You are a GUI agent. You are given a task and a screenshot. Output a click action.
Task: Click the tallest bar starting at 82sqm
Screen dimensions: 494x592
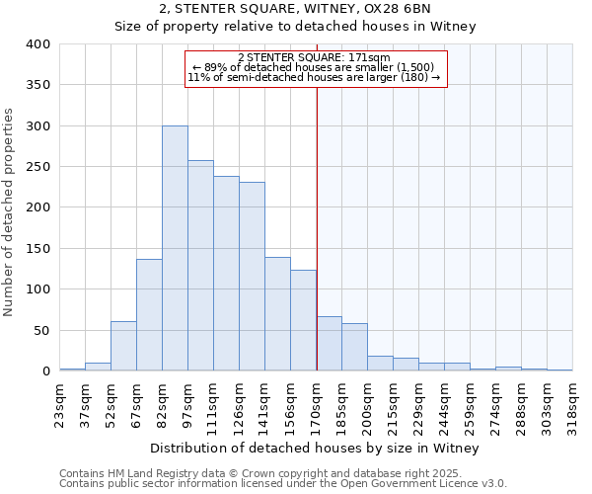pyautogui.click(x=175, y=248)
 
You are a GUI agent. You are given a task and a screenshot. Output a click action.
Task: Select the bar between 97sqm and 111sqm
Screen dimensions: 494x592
pyautogui.click(x=200, y=265)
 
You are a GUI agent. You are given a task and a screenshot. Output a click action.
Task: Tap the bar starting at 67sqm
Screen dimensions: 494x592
pyautogui.click(x=149, y=314)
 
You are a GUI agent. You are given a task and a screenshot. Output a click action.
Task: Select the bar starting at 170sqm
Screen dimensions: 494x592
pyautogui.click(x=329, y=343)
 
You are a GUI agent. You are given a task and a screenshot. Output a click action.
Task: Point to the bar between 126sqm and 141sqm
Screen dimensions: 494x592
pyautogui.click(x=252, y=276)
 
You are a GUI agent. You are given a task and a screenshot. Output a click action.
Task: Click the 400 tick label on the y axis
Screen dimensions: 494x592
pyautogui.click(x=38, y=44)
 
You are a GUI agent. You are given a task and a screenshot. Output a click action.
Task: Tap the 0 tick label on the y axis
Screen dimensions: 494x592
pyautogui.click(x=45, y=371)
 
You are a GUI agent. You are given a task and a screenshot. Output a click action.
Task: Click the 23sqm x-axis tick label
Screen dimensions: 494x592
pyautogui.click(x=60, y=402)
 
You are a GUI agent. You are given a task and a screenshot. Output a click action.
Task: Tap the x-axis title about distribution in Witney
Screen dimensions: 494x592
pyautogui.click(x=316, y=448)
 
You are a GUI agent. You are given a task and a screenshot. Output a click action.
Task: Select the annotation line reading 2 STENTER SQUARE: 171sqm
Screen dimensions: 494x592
pyautogui.click(x=316, y=58)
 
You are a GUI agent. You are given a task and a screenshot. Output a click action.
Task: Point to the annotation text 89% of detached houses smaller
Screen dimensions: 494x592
pyautogui.click(x=316, y=67)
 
